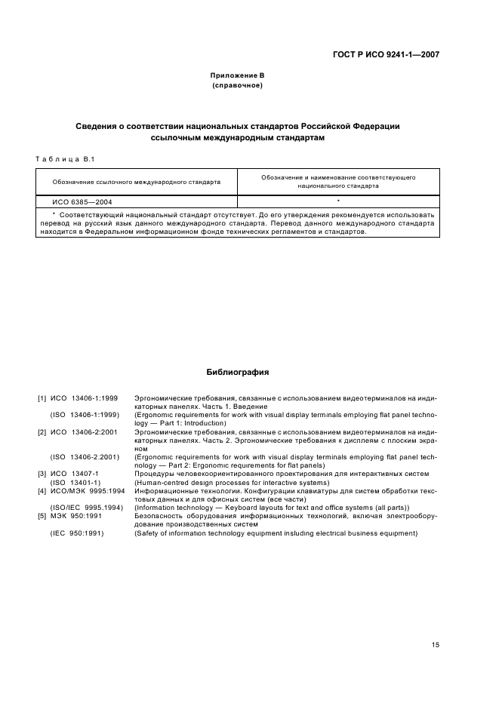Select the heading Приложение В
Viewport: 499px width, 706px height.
[x=237, y=75]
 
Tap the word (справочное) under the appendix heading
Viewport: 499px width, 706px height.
[x=237, y=85]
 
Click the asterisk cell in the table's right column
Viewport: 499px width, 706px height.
[x=337, y=201]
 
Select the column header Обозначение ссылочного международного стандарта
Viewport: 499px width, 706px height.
[x=137, y=182]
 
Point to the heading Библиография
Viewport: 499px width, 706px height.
[x=237, y=372]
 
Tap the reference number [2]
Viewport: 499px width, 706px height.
[x=42, y=431]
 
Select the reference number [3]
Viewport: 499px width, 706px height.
[x=42, y=474]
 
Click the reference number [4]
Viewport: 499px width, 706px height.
[x=42, y=491]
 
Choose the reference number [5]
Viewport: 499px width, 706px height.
[x=42, y=516]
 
